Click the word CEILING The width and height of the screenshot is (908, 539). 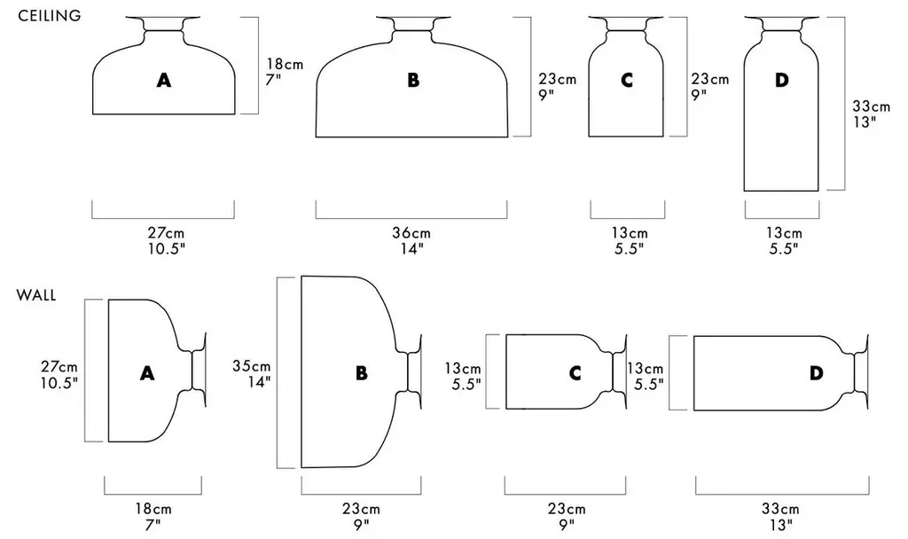(x=50, y=16)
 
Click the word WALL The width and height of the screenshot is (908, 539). (x=35, y=295)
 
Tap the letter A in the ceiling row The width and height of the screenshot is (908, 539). (x=164, y=80)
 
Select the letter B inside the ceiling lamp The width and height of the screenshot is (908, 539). (x=413, y=80)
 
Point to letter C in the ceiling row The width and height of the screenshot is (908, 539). (x=627, y=80)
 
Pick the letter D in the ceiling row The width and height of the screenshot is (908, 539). (x=782, y=80)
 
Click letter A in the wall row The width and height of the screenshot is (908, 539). (x=147, y=373)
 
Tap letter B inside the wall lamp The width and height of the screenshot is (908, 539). (x=362, y=373)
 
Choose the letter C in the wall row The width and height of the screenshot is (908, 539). (x=575, y=373)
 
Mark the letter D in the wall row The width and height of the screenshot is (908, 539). (x=816, y=373)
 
